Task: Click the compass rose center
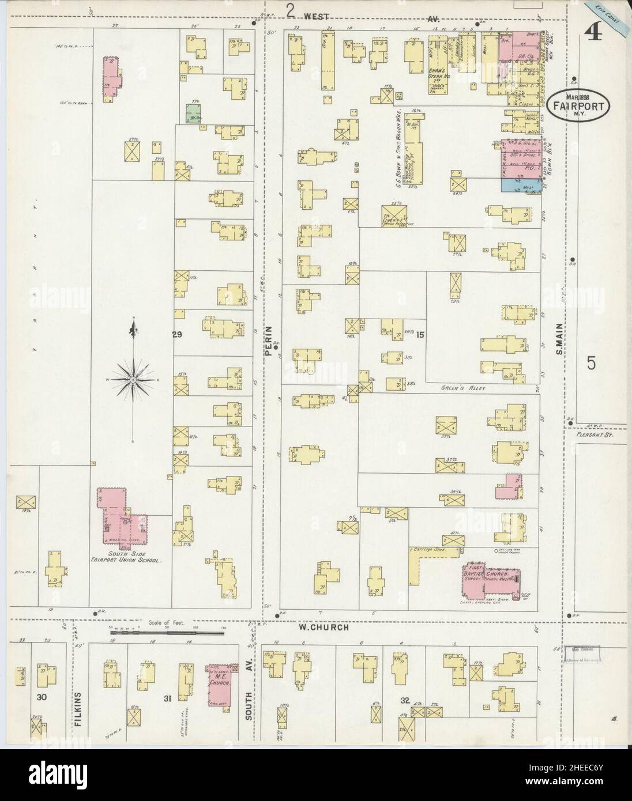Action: tap(133, 380)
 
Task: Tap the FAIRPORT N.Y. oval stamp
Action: tap(570, 105)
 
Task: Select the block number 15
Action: tap(420, 335)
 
